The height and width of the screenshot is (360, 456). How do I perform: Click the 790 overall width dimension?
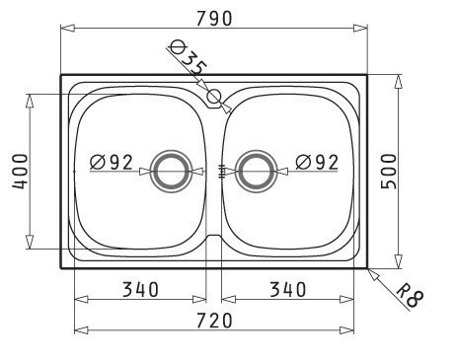pyautogui.click(x=214, y=19)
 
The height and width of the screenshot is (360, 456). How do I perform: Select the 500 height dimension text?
pyautogui.click(x=389, y=172)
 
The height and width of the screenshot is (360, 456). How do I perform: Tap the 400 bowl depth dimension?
pyautogui.click(x=21, y=172)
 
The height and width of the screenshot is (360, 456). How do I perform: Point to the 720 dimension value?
pyautogui.click(x=214, y=321)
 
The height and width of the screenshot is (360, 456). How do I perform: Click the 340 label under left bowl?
pyautogui.click(x=140, y=290)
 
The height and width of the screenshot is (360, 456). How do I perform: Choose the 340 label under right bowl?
pyautogui.click(x=288, y=290)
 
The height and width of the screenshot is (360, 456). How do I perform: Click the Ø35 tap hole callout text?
pyautogui.click(x=189, y=57)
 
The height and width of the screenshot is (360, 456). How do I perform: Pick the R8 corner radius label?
pyautogui.click(x=410, y=294)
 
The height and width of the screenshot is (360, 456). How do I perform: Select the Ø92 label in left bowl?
pyautogui.click(x=112, y=162)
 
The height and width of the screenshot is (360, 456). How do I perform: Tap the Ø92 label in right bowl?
pyautogui.click(x=317, y=162)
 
